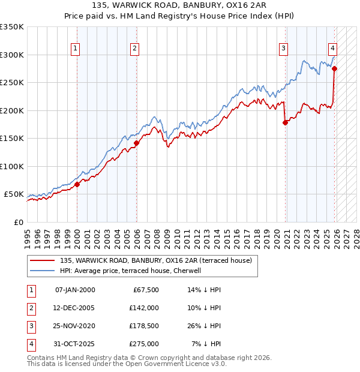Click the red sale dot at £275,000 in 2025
334,68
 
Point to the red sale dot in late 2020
285,122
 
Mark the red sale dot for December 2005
137,143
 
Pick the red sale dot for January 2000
77,184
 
